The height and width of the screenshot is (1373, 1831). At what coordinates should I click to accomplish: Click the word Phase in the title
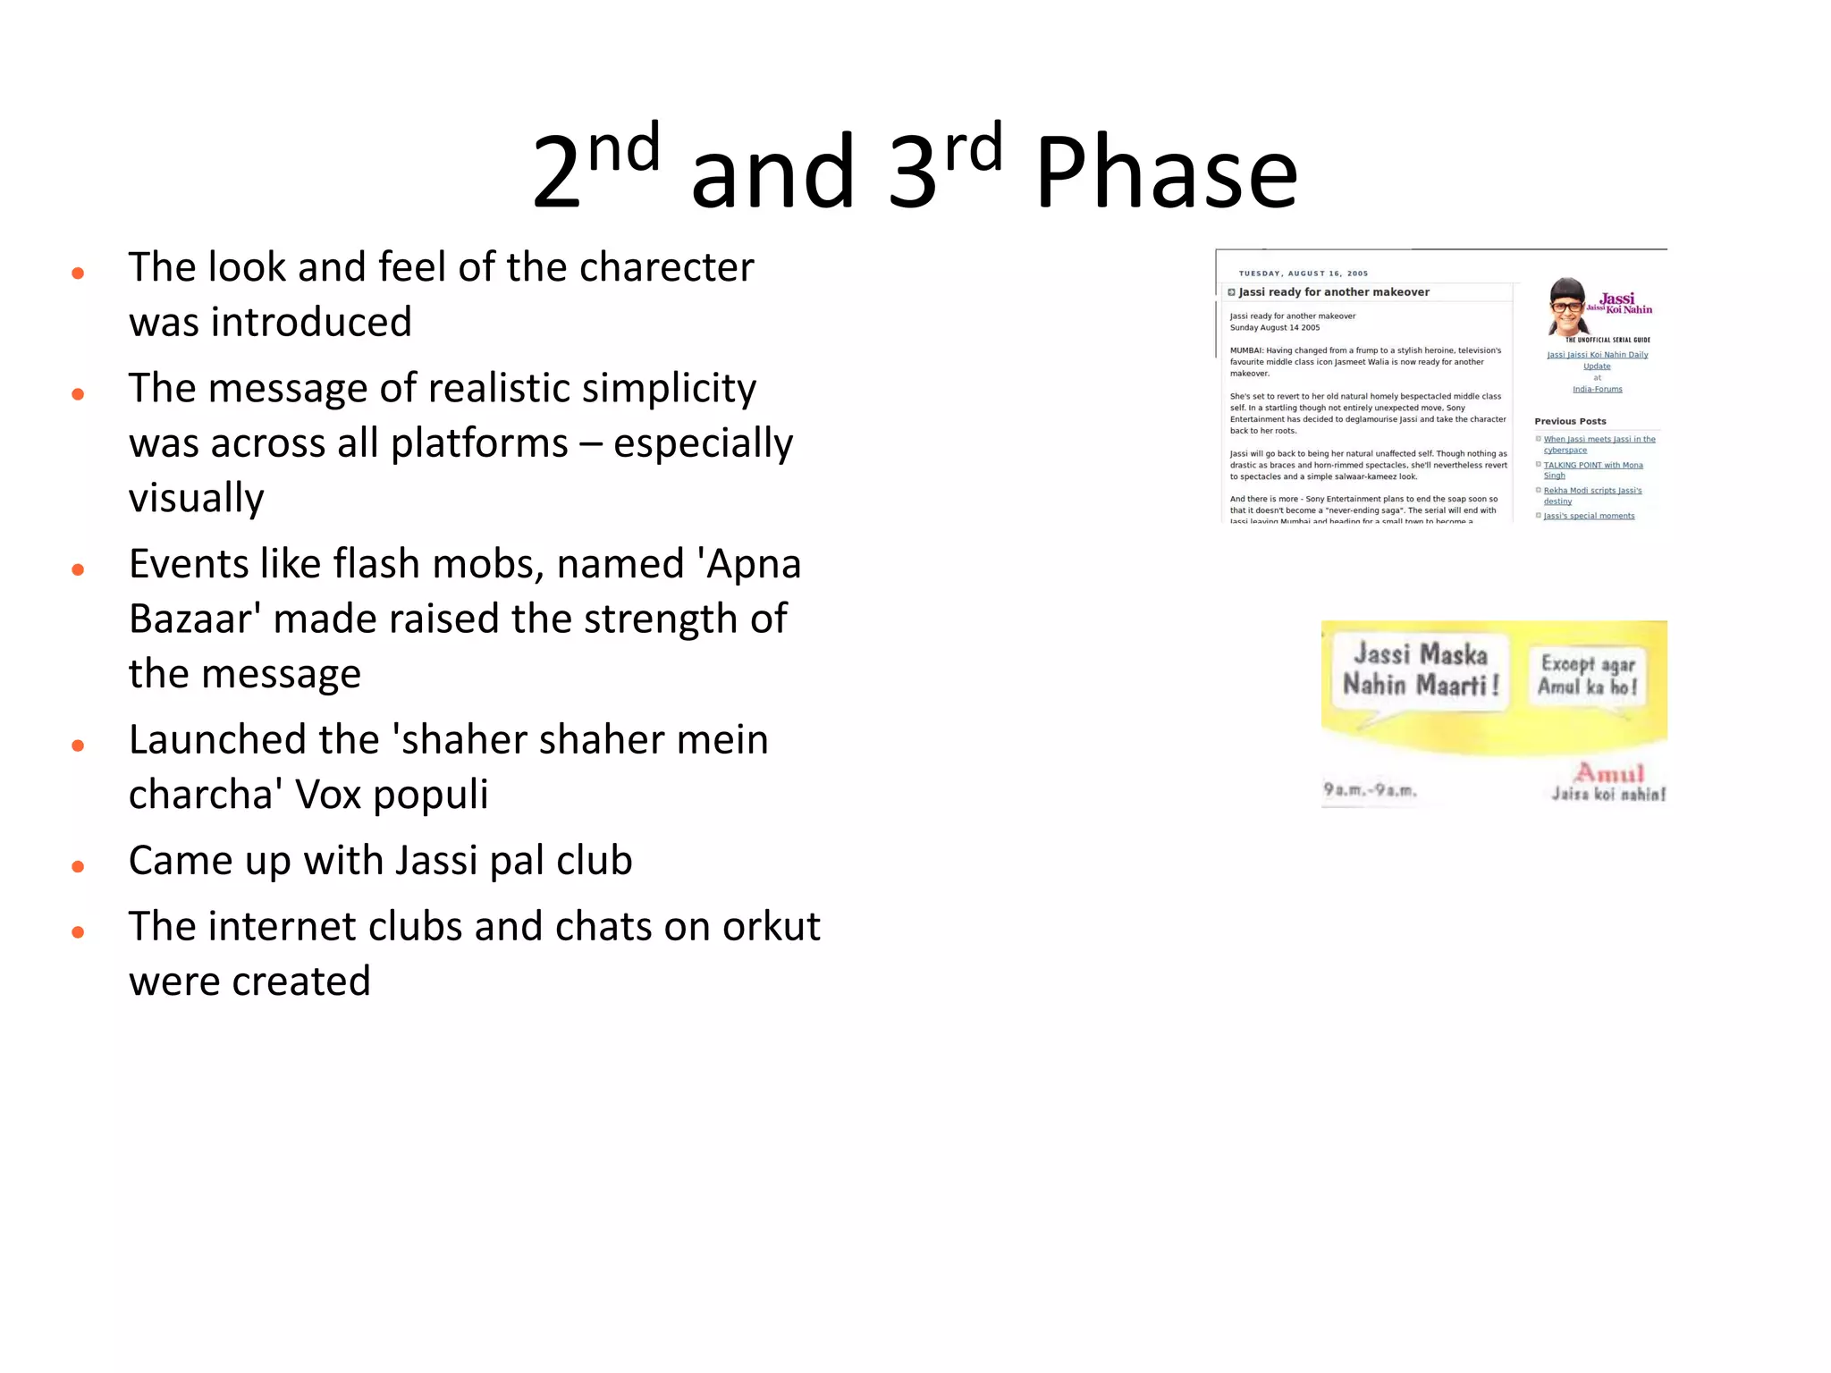1166,173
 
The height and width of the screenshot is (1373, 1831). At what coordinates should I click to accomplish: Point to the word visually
197,498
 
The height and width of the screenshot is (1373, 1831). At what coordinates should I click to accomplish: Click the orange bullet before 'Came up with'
78,866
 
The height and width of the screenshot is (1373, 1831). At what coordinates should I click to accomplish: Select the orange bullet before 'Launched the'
78,745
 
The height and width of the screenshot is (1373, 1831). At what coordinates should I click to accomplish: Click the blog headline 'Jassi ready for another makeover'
1333,292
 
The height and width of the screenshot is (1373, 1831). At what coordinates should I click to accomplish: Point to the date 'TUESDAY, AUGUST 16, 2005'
1303,274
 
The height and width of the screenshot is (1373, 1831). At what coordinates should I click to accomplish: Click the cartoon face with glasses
1566,306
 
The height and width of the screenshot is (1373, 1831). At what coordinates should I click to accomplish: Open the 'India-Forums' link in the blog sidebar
1597,389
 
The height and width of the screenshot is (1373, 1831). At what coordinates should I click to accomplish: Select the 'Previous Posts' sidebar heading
1570,421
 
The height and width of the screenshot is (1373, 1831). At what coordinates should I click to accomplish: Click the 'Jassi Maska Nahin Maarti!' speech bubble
1420,670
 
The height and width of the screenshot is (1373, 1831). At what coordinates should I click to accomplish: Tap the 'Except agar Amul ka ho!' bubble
1587,675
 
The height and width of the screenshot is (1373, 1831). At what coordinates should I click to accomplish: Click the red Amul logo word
1609,772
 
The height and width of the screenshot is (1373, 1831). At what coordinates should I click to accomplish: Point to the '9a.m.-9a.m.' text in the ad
1370,790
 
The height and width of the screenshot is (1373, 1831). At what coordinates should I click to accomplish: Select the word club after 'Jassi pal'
594,861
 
